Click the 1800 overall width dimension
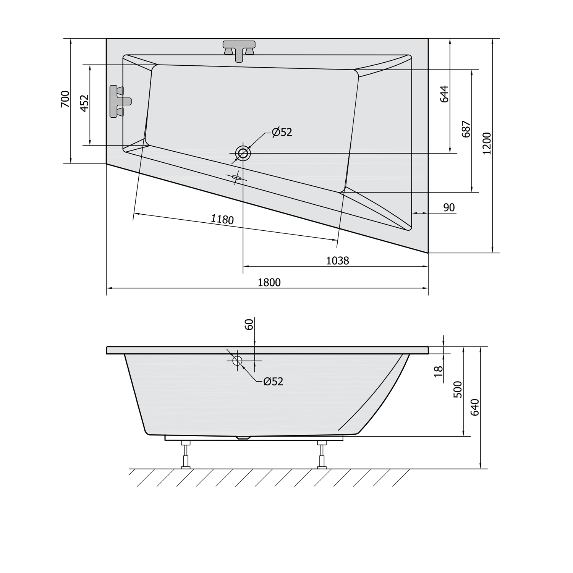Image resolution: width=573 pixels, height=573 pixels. click(x=269, y=282)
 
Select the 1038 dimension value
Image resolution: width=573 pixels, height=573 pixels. click(x=337, y=261)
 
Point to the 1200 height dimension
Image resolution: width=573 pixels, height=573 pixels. click(x=486, y=143)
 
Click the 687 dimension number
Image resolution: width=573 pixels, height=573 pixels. click(x=466, y=129)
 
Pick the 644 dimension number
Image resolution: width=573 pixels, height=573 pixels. click(x=444, y=94)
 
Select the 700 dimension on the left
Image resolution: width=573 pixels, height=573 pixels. click(x=65, y=99)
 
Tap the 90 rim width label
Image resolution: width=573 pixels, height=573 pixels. click(x=449, y=207)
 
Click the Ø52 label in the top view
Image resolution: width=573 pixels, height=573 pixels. click(x=282, y=132)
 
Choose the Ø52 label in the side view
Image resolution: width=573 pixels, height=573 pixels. click(x=273, y=381)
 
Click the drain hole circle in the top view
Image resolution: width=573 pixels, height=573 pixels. click(x=243, y=154)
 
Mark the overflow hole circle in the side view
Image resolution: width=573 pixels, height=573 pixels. click(x=237, y=360)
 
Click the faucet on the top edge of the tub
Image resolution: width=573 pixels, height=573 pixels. click(x=239, y=50)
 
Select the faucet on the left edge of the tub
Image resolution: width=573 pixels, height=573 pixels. click(x=119, y=101)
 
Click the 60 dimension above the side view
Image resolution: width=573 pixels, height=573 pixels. click(x=249, y=325)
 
